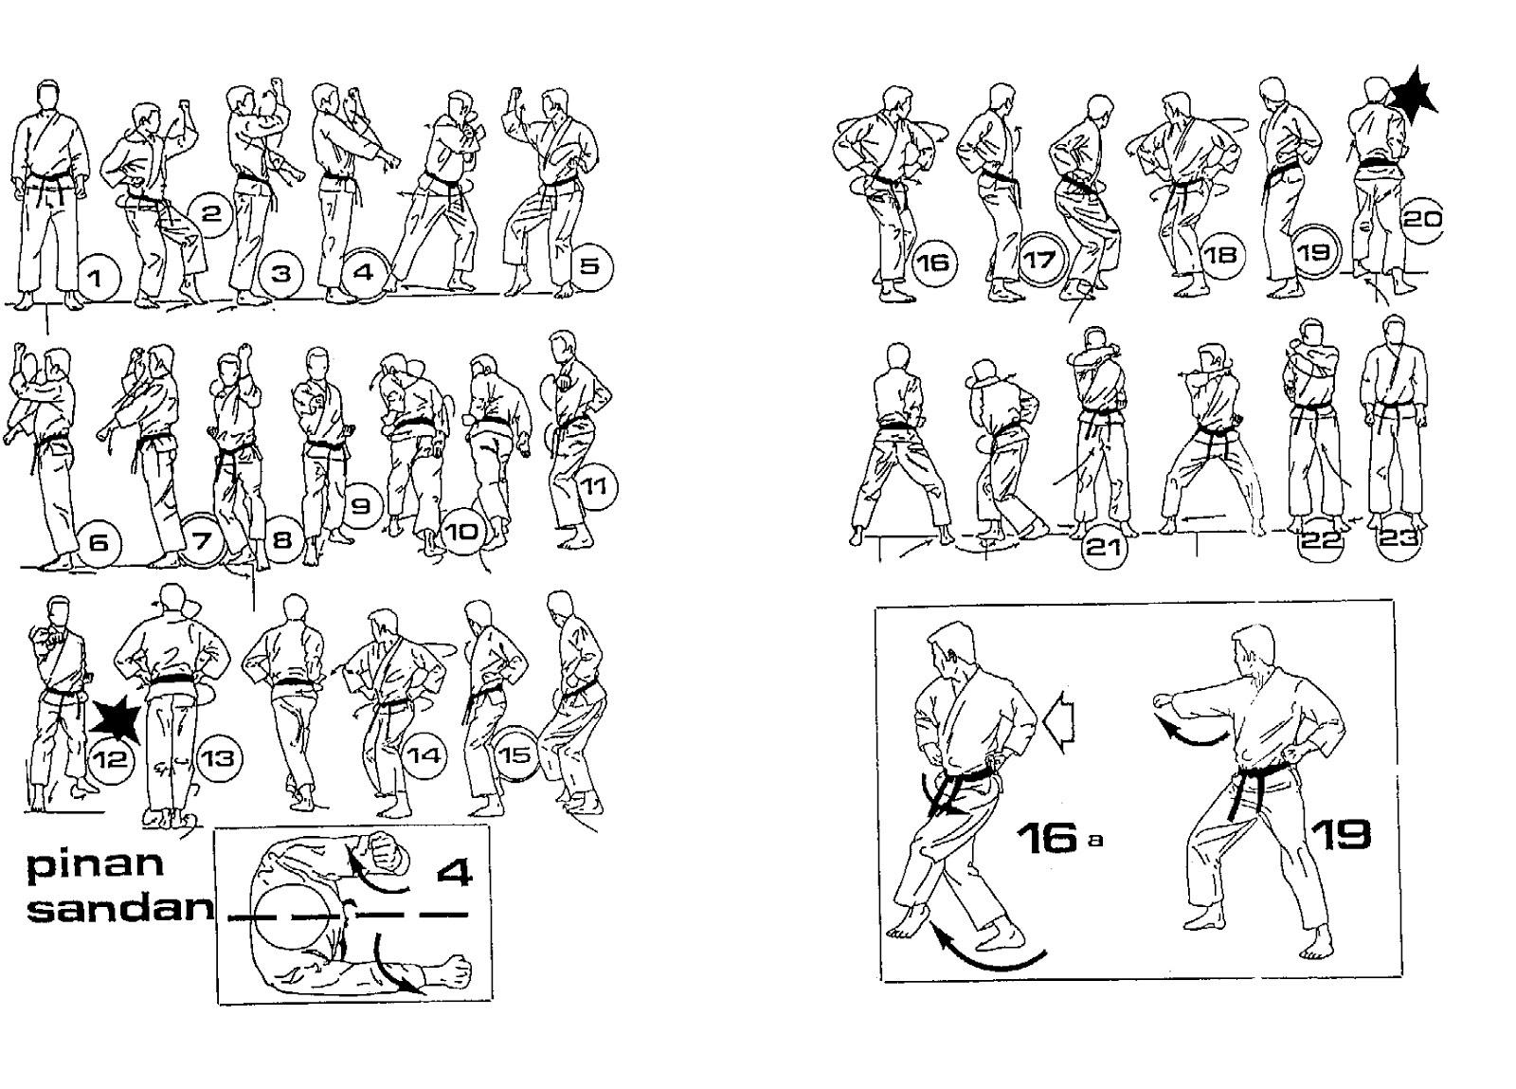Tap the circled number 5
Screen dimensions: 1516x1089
(x=590, y=266)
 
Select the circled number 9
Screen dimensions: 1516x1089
(x=361, y=505)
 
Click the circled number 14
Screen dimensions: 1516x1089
(x=424, y=755)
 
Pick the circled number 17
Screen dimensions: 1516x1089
(x=1041, y=259)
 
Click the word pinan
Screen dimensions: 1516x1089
(x=95, y=865)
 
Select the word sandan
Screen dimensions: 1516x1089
(x=119, y=908)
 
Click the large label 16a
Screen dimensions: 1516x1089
(x=1060, y=839)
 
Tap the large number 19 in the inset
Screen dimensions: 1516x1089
(x=1341, y=834)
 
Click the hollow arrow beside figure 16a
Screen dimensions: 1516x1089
(x=1060, y=722)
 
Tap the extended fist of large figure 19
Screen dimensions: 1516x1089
(x=1163, y=701)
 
